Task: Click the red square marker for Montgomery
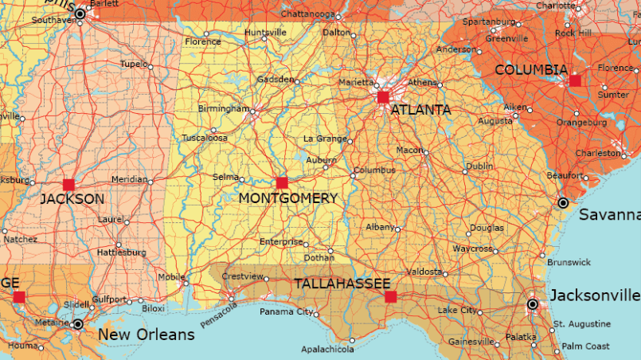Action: click(281, 182)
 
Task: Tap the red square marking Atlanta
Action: click(382, 97)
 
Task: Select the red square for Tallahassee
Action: click(390, 297)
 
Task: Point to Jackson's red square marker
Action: click(68, 184)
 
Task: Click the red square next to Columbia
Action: click(575, 80)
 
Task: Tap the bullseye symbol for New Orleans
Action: click(78, 324)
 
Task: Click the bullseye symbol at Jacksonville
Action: click(533, 304)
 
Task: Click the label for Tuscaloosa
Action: click(205, 138)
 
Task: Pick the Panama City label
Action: click(287, 311)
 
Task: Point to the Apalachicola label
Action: click(327, 349)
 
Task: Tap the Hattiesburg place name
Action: click(122, 252)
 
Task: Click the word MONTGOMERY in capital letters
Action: click(288, 198)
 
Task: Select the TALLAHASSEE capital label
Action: click(342, 284)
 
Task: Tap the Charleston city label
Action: click(596, 153)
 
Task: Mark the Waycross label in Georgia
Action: click(473, 248)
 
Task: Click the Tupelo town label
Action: click(132, 64)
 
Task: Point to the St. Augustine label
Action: click(582, 324)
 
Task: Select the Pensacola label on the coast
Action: click(219, 313)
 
